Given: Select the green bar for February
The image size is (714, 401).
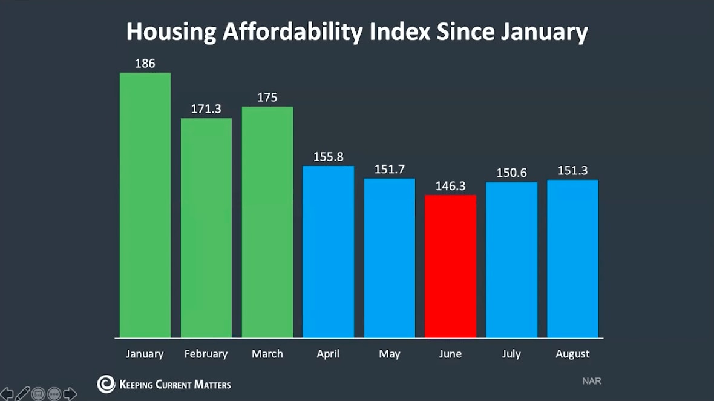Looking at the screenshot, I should click(206, 228).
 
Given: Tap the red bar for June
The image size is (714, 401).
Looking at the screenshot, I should click(451, 266).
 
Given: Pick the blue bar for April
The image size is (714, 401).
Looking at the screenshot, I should click(329, 251).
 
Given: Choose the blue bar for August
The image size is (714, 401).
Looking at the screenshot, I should click(572, 259).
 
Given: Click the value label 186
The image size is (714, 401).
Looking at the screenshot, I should click(145, 63).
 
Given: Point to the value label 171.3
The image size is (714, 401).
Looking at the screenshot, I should click(206, 109).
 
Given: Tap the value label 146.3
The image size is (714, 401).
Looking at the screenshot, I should click(451, 186).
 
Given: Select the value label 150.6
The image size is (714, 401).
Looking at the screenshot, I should click(512, 173).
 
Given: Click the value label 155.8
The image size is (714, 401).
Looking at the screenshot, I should click(329, 157).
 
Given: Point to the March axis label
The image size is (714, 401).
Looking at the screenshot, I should click(267, 354).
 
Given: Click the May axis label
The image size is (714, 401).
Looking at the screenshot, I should click(390, 354).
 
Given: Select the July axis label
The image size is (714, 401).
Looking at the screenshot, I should click(512, 354).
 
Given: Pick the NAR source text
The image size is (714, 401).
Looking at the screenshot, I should click(592, 382).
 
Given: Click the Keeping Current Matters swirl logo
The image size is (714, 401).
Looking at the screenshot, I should click(106, 383).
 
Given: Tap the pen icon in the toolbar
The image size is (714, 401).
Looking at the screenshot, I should click(23, 393).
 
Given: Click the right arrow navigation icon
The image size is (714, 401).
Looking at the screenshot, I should click(70, 393).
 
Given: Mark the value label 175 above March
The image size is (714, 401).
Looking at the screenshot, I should click(267, 98).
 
